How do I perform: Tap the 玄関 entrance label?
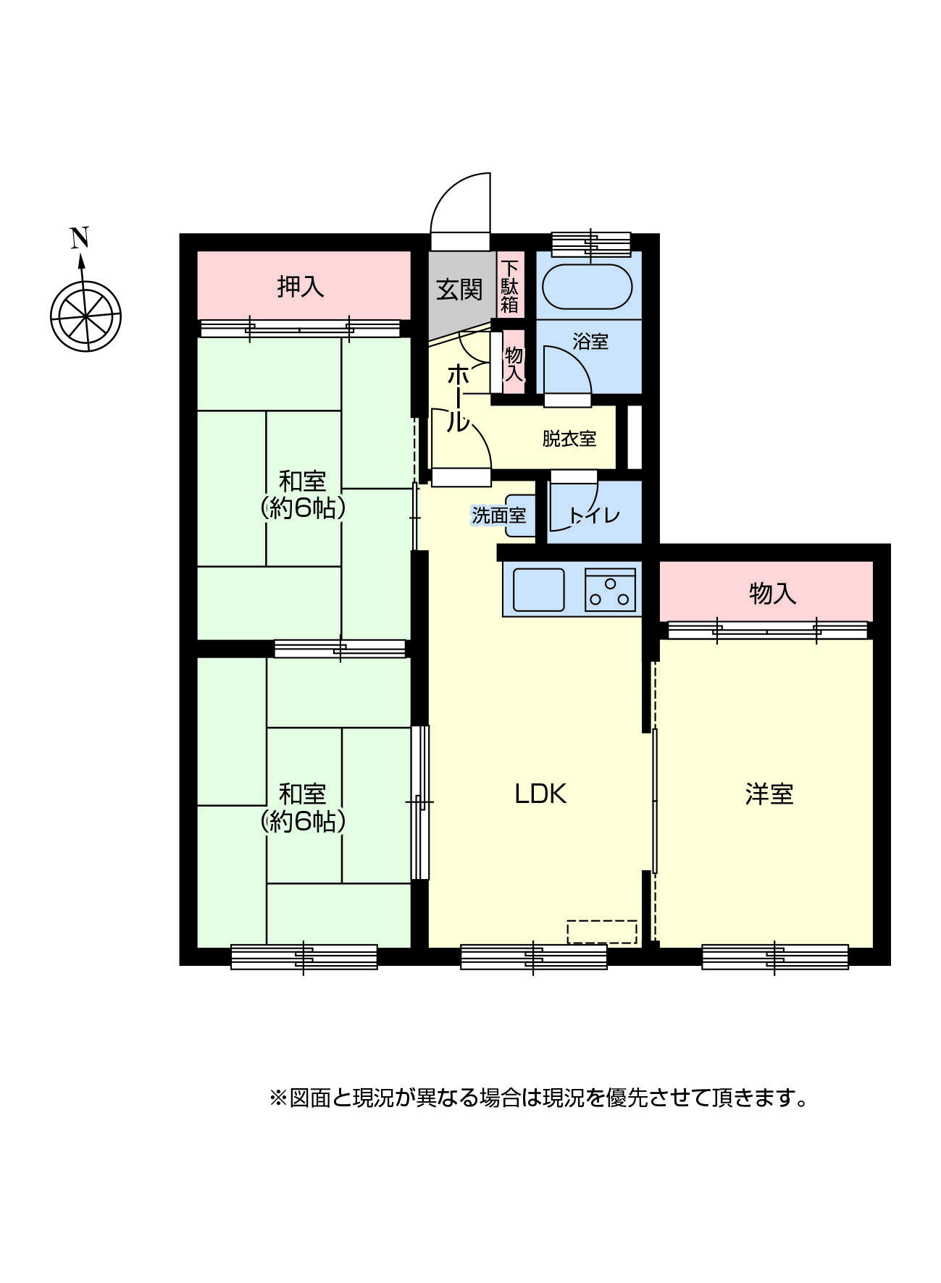(x=459, y=290)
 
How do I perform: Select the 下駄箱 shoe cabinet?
(x=510, y=285)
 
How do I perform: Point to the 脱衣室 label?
(x=569, y=438)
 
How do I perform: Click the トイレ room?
(x=595, y=514)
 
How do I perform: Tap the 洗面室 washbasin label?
(x=498, y=516)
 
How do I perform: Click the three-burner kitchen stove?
(x=610, y=589)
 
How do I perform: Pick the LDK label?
(x=540, y=794)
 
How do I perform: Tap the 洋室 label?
(x=769, y=794)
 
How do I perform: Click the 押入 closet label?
(x=301, y=287)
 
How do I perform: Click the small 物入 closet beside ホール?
(x=514, y=364)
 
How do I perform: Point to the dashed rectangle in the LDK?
(x=602, y=932)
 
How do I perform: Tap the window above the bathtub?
(x=591, y=243)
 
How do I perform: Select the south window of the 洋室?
(x=775, y=956)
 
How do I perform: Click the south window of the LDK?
(x=534, y=956)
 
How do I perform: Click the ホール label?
(x=457, y=397)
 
